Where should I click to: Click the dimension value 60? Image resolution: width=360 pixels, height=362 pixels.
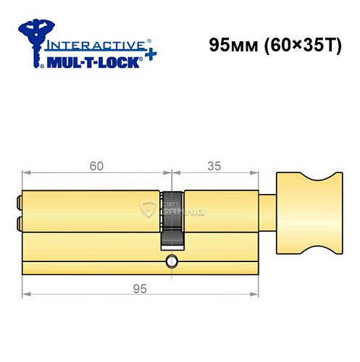click(96, 166)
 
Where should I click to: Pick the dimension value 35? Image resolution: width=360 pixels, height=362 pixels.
click(214, 166)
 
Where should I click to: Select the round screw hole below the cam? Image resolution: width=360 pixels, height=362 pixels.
click(172, 261)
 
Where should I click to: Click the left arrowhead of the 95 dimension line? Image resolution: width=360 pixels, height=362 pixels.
click(27, 295)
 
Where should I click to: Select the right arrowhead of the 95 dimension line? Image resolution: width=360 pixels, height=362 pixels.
click(254, 295)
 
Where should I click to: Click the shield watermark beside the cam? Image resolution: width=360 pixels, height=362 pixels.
click(150, 210)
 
